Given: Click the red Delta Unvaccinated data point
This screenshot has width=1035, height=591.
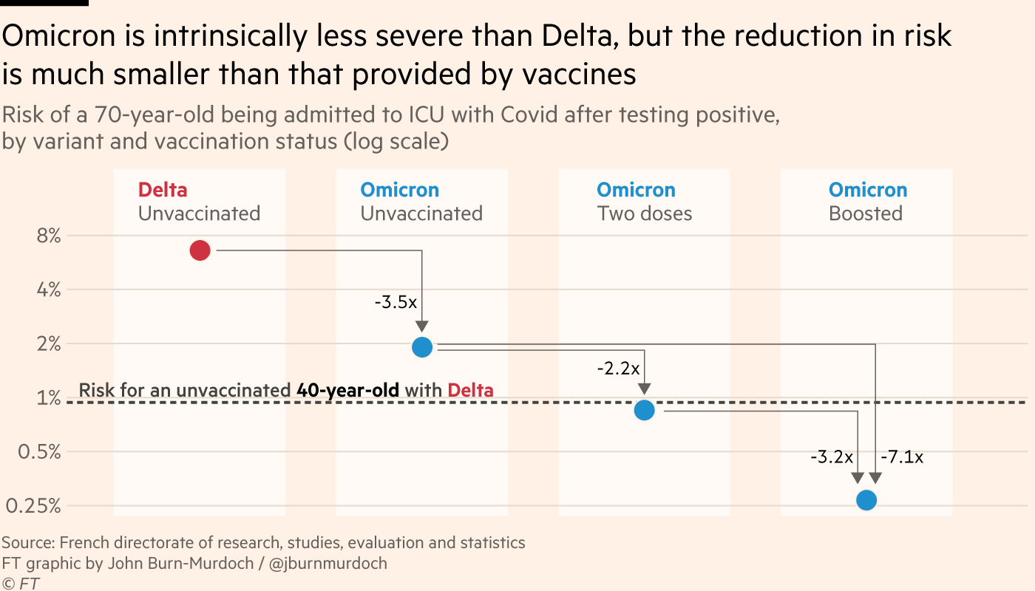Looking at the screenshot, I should pyautogui.click(x=200, y=250).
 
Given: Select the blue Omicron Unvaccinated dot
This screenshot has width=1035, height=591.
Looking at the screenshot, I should pyautogui.click(x=422, y=346).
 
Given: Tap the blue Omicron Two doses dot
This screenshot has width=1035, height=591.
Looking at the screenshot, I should pyautogui.click(x=644, y=410).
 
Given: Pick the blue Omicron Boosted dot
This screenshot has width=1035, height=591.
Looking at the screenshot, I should pyautogui.click(x=866, y=500).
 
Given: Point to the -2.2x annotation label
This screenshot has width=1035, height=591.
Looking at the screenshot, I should pyautogui.click(x=618, y=368).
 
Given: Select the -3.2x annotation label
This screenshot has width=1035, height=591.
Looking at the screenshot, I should pyautogui.click(x=832, y=457).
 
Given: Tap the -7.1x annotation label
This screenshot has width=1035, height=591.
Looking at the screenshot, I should pyautogui.click(x=902, y=457).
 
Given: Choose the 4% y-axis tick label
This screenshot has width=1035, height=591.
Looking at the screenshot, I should pyautogui.click(x=47, y=290).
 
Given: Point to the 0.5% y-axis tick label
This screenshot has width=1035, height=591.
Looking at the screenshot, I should pyautogui.click(x=39, y=451).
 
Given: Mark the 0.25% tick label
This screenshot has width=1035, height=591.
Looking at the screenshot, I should pyautogui.click(x=34, y=506).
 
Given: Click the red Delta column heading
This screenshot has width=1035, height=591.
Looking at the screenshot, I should pyautogui.click(x=163, y=190).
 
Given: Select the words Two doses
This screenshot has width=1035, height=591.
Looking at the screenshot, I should pyautogui.click(x=644, y=213).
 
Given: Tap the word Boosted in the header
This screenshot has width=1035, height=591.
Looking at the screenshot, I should pyautogui.click(x=866, y=213).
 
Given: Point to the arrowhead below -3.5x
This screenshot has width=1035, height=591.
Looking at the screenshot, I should pyautogui.click(x=422, y=327).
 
